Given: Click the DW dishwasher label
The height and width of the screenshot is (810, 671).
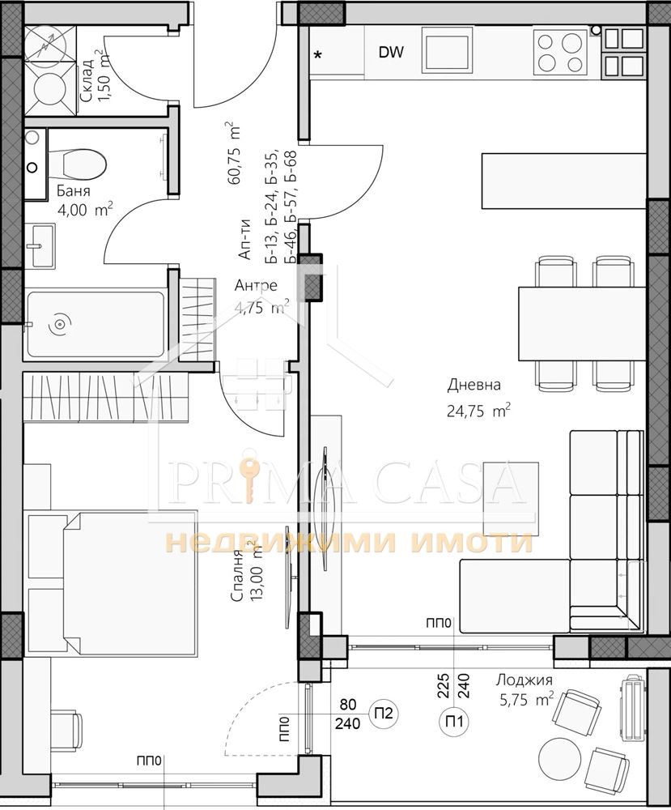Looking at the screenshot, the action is pos(391,52).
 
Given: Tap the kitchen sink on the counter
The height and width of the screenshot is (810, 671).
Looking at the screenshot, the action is pos(447,50).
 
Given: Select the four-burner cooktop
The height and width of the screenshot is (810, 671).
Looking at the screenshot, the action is pos(559,52).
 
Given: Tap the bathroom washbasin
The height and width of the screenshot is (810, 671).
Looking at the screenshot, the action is pos(39,245).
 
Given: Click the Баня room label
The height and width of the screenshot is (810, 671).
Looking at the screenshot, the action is pos(74,190).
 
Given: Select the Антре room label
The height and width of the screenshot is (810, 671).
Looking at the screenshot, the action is pos(256,285).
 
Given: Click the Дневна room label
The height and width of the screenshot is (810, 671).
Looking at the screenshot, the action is pos(474,384).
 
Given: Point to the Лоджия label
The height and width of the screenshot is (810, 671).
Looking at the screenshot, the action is pos(524,680).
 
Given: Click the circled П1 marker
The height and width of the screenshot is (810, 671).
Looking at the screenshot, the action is pos(454,721).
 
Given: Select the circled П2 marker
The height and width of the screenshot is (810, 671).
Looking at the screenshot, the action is pos(384,714).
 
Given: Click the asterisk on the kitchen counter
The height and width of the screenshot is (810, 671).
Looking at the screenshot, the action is pos(318,54).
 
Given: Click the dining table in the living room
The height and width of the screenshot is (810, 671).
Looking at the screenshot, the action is pos(582,325).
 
